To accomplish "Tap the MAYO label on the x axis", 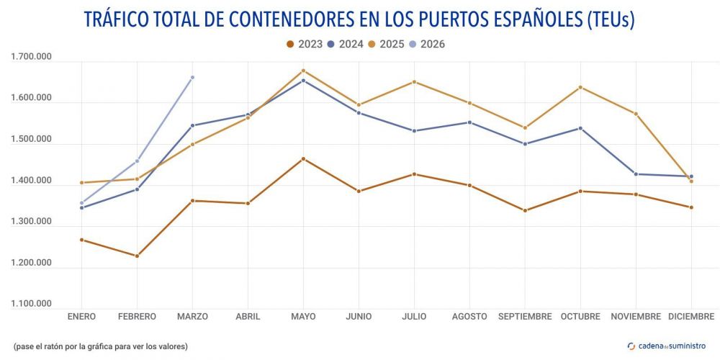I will (x=303, y=316).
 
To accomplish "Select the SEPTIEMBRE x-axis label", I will (x=525, y=316).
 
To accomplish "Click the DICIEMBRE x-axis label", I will (x=691, y=316).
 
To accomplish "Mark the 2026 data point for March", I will (x=192, y=77).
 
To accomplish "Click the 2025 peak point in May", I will (x=303, y=71).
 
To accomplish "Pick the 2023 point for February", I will (x=137, y=256).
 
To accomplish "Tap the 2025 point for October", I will (x=580, y=87).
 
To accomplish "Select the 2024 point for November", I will (x=636, y=174).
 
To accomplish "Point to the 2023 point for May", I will (x=303, y=158).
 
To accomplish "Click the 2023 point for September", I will (x=525, y=210).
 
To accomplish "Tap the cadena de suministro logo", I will (x=667, y=346).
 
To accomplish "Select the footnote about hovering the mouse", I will (x=100, y=346).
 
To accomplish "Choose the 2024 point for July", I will (x=414, y=130).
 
